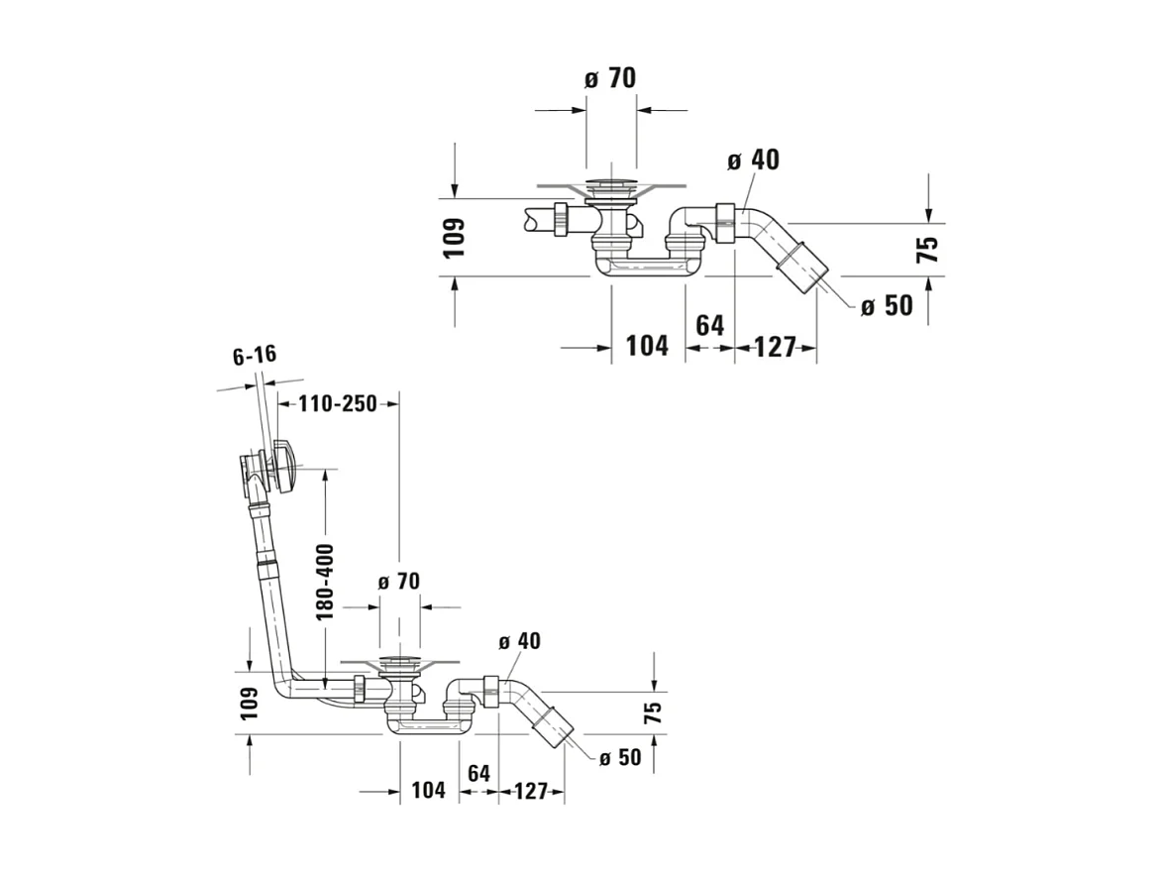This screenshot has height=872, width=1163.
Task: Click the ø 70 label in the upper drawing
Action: click(610, 78)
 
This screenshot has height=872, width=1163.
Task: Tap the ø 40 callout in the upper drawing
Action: click(754, 160)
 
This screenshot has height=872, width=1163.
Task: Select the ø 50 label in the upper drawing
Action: click(887, 305)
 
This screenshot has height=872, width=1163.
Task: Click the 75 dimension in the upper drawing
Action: click(928, 249)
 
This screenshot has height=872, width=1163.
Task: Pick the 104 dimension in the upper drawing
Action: click(648, 346)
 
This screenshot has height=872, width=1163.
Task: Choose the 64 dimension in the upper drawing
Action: click(710, 325)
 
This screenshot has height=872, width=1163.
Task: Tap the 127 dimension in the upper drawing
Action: click(775, 347)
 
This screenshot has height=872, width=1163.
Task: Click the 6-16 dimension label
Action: click(255, 356)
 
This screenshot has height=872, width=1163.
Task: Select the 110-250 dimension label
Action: click(338, 403)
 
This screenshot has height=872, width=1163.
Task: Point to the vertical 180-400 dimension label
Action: click(325, 582)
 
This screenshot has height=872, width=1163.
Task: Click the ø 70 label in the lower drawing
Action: click(399, 581)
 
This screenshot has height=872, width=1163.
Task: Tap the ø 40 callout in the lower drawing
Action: click(520, 640)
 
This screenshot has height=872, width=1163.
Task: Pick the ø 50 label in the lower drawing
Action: click(620, 757)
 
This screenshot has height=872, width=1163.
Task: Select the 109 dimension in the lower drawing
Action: click(249, 702)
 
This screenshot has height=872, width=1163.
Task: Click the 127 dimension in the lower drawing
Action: click(531, 791)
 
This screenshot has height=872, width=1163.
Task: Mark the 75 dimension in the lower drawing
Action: click(652, 712)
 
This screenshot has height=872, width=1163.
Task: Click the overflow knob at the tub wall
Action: click(285, 466)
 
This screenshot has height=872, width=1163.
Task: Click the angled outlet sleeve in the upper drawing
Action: click(804, 265)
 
